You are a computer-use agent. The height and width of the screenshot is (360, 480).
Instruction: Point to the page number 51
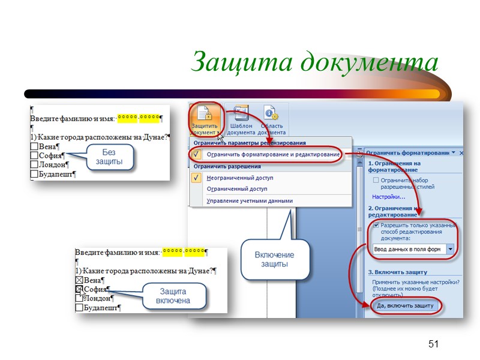click(x=434, y=344)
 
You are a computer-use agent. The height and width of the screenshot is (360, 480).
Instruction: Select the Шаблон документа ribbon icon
click(x=241, y=120)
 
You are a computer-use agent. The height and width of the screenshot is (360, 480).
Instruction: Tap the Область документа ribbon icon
click(x=271, y=120)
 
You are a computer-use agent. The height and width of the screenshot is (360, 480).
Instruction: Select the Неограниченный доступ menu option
click(x=239, y=178)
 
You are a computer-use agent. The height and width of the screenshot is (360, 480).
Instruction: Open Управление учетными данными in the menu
click(x=249, y=201)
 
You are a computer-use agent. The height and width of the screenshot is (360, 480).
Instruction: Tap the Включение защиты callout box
click(x=275, y=260)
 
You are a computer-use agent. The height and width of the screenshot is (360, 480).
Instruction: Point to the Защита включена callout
click(x=173, y=296)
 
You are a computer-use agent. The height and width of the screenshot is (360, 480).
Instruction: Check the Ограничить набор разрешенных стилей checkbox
click(x=376, y=180)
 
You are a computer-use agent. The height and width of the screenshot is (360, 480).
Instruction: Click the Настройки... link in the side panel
click(x=388, y=196)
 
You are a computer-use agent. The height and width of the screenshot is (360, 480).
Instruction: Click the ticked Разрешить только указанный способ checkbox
click(x=376, y=225)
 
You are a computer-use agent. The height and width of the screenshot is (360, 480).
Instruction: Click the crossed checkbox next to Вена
click(x=79, y=280)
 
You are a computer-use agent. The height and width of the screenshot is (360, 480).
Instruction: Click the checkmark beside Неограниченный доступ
click(x=196, y=178)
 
